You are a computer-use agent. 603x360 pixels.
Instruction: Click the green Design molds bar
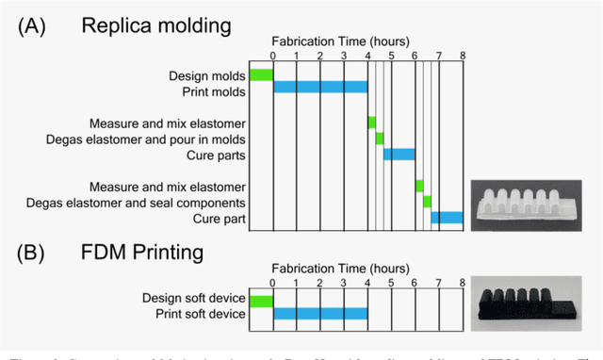point(261,75)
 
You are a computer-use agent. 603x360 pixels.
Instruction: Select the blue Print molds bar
point(320,88)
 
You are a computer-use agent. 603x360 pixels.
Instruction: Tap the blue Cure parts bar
point(399,155)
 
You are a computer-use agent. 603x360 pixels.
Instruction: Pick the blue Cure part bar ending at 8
point(447,218)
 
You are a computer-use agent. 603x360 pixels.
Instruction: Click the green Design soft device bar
point(261,301)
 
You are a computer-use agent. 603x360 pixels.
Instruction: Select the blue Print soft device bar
point(320,314)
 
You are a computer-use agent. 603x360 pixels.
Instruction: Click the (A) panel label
point(36,25)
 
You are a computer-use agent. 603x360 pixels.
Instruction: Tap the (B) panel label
point(36,254)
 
